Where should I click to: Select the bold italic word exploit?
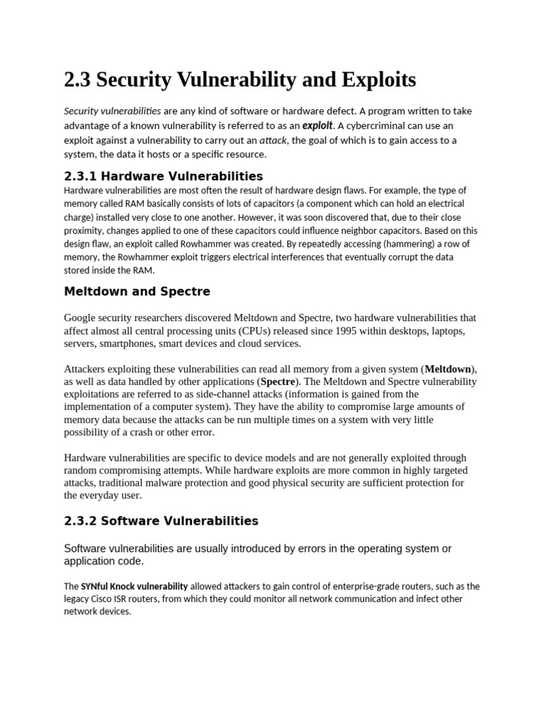pyautogui.click(x=317, y=125)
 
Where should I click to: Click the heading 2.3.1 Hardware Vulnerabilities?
pyautogui.click(x=164, y=176)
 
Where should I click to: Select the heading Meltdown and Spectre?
pyautogui.click(x=137, y=291)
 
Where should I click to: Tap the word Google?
pyautogui.click(x=81, y=318)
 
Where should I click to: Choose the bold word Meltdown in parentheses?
pyautogui.click(x=448, y=369)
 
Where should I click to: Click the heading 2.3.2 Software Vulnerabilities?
pyautogui.click(x=161, y=521)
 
